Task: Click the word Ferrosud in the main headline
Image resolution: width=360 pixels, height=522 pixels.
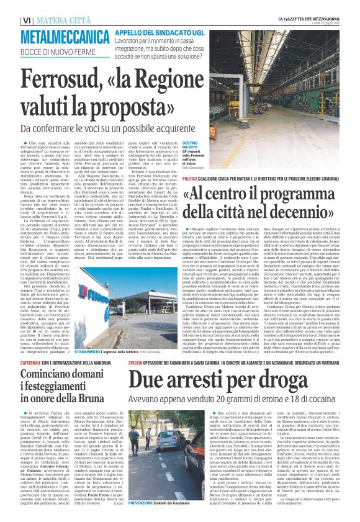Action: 53,80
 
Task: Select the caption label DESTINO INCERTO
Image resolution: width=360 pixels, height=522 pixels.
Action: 189,146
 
